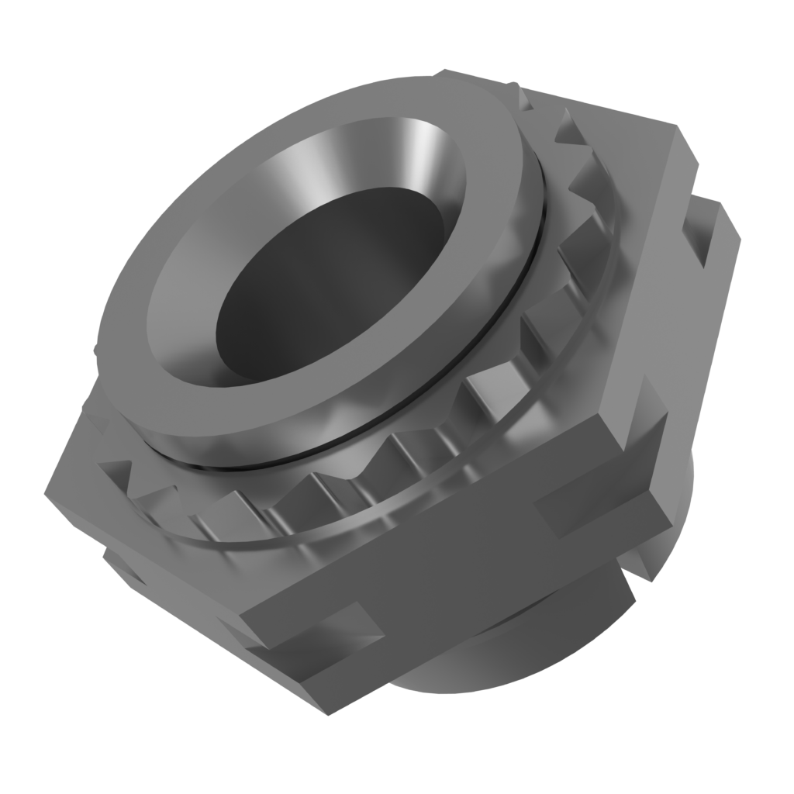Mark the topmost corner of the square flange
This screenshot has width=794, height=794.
coord(450,74)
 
